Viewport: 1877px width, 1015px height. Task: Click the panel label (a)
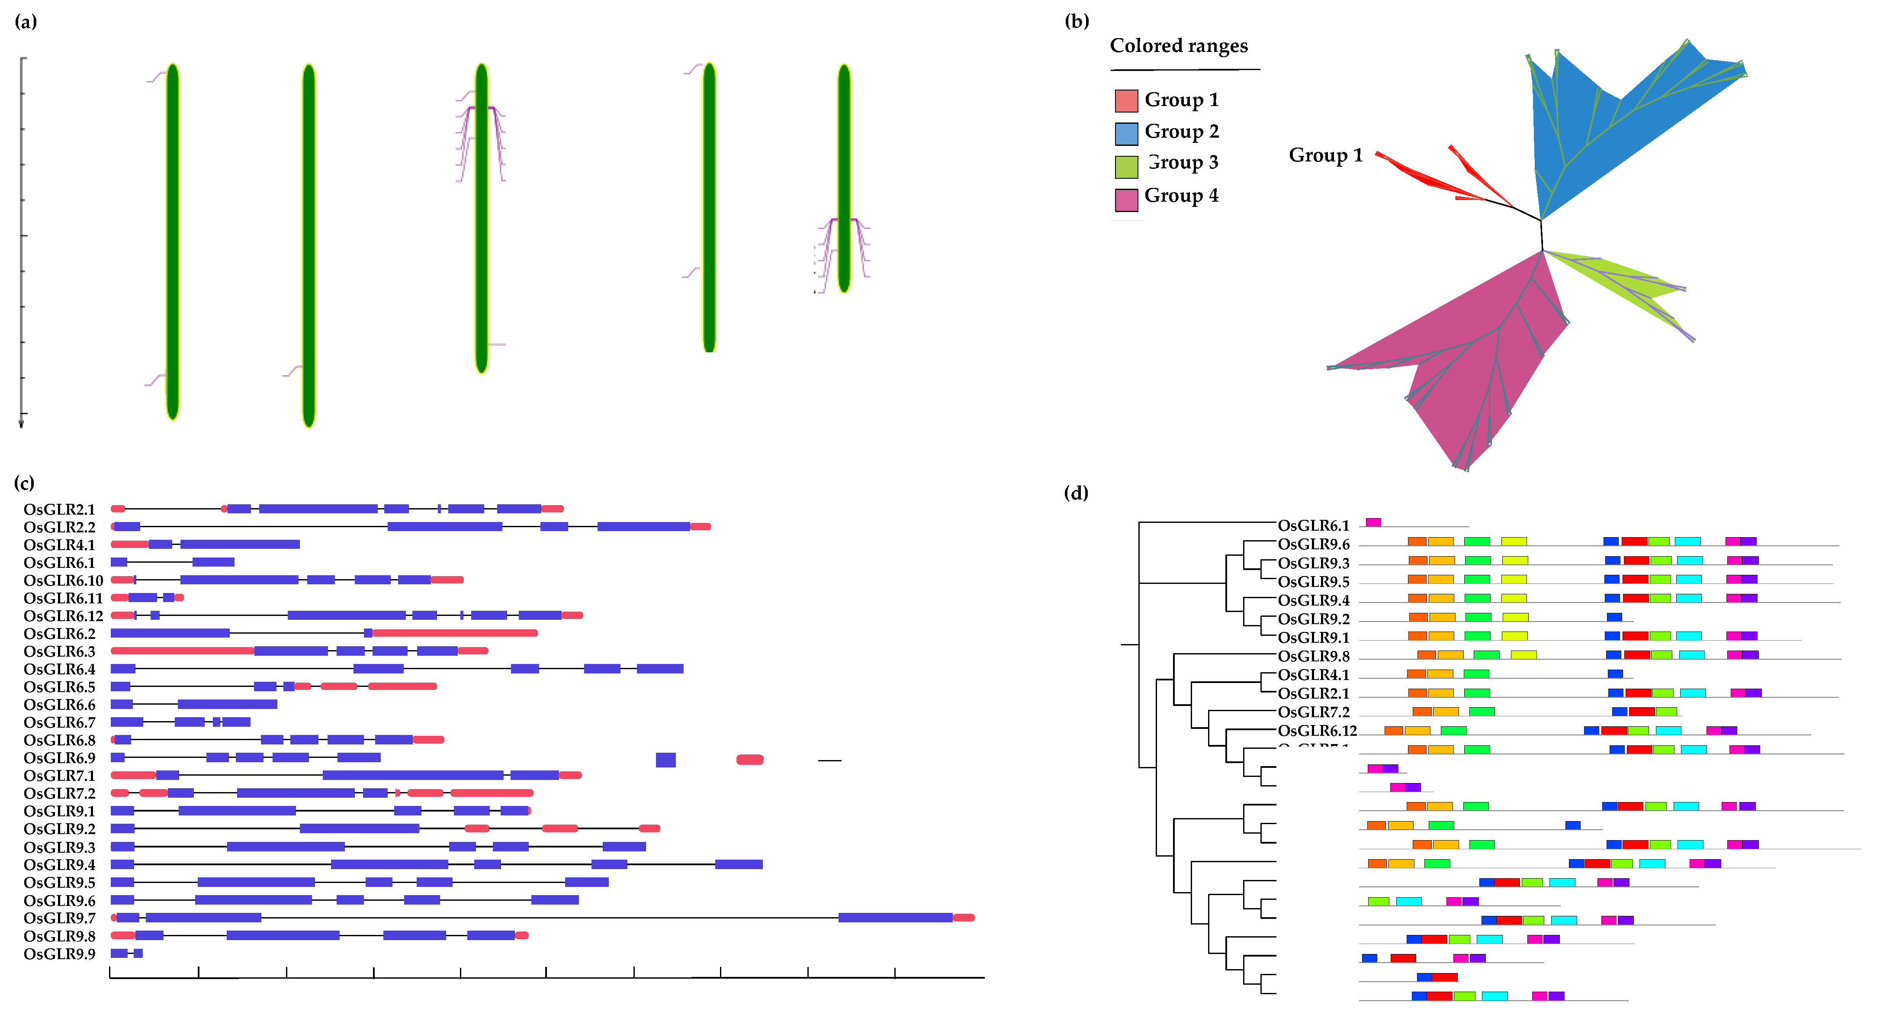pyautogui.click(x=26, y=22)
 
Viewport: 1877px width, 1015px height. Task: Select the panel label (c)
pyautogui.click(x=24, y=483)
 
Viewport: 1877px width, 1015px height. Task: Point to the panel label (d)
pyautogui.click(x=1076, y=493)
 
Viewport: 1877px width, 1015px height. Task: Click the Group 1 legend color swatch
pyautogui.click(x=1126, y=100)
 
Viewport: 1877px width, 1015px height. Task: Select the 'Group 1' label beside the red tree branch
pyautogui.click(x=1325, y=155)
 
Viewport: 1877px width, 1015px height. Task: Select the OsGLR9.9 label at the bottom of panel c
pyautogui.click(x=59, y=954)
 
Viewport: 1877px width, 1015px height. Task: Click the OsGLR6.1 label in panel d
pyautogui.click(x=1313, y=525)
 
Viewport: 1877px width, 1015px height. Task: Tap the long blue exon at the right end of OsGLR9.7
pyautogui.click(x=895, y=917)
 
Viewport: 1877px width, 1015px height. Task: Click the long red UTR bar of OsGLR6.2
pyautogui.click(x=455, y=633)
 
